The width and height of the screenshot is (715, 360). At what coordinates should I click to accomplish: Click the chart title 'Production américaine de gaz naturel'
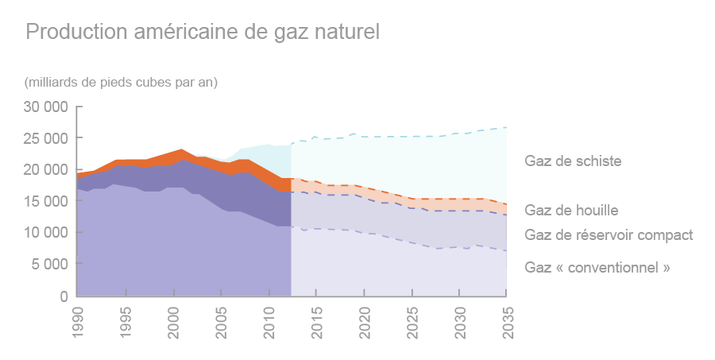click(203, 32)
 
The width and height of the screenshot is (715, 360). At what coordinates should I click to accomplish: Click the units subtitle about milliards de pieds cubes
click(121, 82)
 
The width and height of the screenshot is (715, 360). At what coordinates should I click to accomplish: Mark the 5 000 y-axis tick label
click(50, 265)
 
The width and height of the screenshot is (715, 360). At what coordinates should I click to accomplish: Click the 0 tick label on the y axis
click(63, 296)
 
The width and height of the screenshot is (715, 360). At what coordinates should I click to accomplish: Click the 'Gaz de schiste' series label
click(573, 161)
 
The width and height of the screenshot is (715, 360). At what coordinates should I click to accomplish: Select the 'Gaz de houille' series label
click(571, 211)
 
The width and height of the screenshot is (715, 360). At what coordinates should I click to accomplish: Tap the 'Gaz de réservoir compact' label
click(609, 235)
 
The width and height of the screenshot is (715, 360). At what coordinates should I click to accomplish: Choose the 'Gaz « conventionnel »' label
click(597, 268)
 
